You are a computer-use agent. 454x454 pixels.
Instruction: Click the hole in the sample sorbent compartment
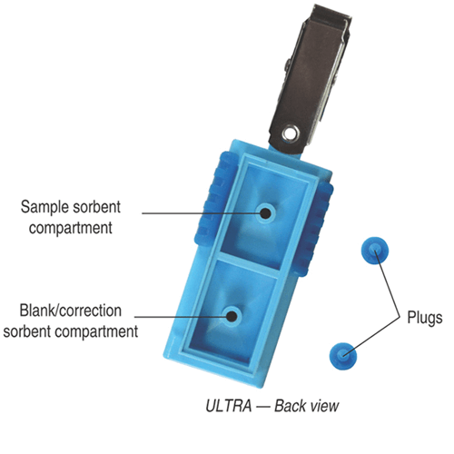coord(266,213)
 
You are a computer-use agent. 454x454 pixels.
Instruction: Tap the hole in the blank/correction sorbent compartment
coord(232,316)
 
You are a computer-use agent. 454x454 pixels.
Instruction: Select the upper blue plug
coord(375,251)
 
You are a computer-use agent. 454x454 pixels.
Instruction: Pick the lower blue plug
coord(343,356)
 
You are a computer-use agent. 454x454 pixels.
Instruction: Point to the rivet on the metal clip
coord(291,133)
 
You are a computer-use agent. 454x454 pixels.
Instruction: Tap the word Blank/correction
coord(71,311)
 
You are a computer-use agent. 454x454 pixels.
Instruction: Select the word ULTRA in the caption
coord(229,406)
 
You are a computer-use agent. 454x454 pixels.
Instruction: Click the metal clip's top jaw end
coord(332,14)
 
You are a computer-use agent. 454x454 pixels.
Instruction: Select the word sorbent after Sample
coord(96,207)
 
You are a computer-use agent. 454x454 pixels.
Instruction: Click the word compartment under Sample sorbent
coord(71,228)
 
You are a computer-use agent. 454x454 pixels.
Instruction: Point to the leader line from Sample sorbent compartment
coord(202,213)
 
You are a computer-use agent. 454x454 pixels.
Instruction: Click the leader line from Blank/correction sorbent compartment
coord(181,317)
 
